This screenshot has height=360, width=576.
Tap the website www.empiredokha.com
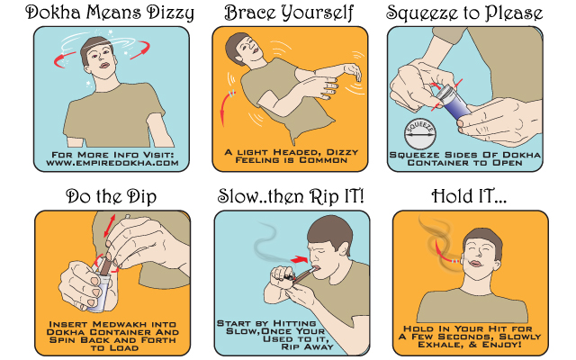tap(112, 163)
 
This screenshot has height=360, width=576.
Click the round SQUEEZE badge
tap(420, 134)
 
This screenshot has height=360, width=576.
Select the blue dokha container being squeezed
tap(451, 103)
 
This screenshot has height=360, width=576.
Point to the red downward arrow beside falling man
tap(224, 108)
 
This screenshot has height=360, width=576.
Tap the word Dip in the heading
tap(141, 196)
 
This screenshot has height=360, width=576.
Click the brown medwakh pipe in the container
tap(105, 265)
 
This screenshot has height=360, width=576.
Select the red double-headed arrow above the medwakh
tap(110, 225)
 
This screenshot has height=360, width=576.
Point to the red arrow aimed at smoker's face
tap(299, 260)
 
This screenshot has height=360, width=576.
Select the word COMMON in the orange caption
tap(323, 160)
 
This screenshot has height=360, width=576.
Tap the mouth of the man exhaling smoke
tap(476, 264)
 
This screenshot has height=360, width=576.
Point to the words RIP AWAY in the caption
tap(308, 346)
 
